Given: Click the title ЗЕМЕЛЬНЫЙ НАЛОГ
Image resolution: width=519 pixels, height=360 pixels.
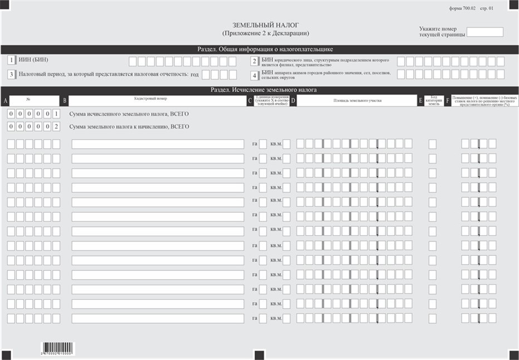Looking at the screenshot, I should (266, 26).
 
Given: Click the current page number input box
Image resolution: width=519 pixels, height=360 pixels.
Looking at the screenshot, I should (484, 32).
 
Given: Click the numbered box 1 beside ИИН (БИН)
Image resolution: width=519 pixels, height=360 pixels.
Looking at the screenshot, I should (11, 60).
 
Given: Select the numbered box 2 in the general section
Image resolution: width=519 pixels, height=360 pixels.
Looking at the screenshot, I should (254, 61).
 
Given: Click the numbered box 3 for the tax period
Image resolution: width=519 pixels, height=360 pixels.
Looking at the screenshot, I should (11, 74).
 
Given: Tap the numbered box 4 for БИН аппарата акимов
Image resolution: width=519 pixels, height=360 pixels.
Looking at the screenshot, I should (254, 75).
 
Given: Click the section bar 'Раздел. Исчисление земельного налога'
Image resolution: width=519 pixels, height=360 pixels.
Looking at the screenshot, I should (259, 89).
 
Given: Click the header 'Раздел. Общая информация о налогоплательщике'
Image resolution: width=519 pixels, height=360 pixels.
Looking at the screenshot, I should (259, 49).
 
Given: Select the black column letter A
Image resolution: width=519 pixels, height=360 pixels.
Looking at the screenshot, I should (5, 101).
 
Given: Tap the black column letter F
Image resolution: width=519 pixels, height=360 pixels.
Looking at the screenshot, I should (448, 101).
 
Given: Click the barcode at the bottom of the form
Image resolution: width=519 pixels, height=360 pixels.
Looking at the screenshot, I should (57, 348).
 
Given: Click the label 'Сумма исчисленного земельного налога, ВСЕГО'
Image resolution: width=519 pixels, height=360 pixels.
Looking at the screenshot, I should (129, 114).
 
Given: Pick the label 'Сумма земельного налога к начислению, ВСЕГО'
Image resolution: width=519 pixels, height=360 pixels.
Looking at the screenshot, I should (129, 127).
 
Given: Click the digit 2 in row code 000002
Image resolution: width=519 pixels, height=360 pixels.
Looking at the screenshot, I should (56, 127).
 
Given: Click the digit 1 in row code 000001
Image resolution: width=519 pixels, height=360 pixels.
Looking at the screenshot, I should (56, 114).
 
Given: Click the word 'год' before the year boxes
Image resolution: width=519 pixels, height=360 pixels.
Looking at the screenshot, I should (194, 74).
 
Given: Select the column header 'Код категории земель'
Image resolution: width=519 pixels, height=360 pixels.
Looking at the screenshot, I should (437, 100).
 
